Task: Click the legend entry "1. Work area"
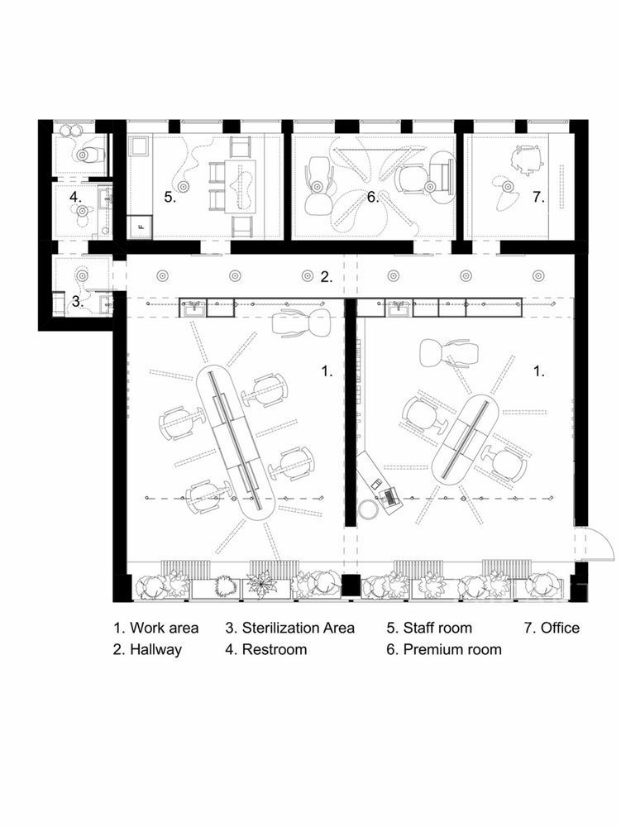click(x=156, y=628)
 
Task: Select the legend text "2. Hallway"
click(x=148, y=648)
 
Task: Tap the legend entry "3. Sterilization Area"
click(x=290, y=628)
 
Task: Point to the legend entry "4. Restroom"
click(x=266, y=648)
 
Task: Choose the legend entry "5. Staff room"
click(x=429, y=628)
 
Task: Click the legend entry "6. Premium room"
click(x=444, y=648)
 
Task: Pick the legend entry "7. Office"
click(x=552, y=628)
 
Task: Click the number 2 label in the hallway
click(x=327, y=277)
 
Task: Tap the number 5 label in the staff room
click(x=170, y=198)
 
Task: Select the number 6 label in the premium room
click(x=373, y=198)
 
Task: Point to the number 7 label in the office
click(x=538, y=198)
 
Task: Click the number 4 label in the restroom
click(x=75, y=198)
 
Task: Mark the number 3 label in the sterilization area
click(x=78, y=302)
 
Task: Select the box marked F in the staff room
click(x=141, y=227)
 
